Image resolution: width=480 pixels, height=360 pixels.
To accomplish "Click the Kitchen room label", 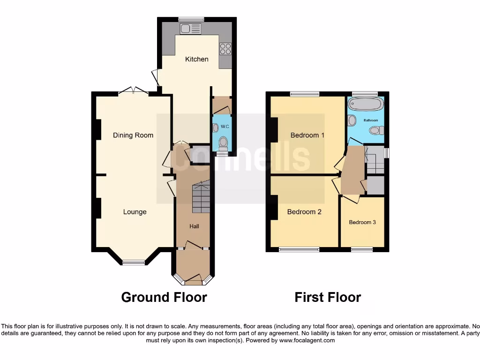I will tap(197, 59).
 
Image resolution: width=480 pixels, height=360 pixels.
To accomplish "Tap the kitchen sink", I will tap(191, 29).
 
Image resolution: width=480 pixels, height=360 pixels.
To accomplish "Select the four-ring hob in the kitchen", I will tap(225, 49).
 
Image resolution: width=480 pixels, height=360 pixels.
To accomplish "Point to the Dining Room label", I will tap(133, 135).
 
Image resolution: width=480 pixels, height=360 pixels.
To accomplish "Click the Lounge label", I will tap(135, 212).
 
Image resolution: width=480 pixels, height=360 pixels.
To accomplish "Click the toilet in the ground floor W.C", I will tap(223, 142).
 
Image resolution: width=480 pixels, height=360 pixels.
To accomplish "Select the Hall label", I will tap(194, 226).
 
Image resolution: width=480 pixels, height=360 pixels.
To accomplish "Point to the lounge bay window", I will tap(134, 262).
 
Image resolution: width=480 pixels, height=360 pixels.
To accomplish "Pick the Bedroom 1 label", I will tap(307, 135).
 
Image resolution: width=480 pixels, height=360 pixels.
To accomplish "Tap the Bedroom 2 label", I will tap(304, 212).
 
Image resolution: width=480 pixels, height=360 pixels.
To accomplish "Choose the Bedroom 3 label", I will tap(362, 222).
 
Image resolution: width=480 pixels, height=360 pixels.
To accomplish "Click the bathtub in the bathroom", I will tap(366, 104).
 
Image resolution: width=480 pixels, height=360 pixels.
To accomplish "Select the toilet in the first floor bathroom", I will tap(376, 130).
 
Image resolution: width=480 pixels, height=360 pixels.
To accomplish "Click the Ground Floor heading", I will tap(164, 297).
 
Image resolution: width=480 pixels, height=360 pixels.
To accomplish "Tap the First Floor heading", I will tap(328, 297).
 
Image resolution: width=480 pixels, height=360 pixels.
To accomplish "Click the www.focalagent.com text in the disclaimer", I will tap(307, 340).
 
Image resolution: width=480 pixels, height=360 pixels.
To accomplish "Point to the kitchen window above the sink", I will tap(191, 19).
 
